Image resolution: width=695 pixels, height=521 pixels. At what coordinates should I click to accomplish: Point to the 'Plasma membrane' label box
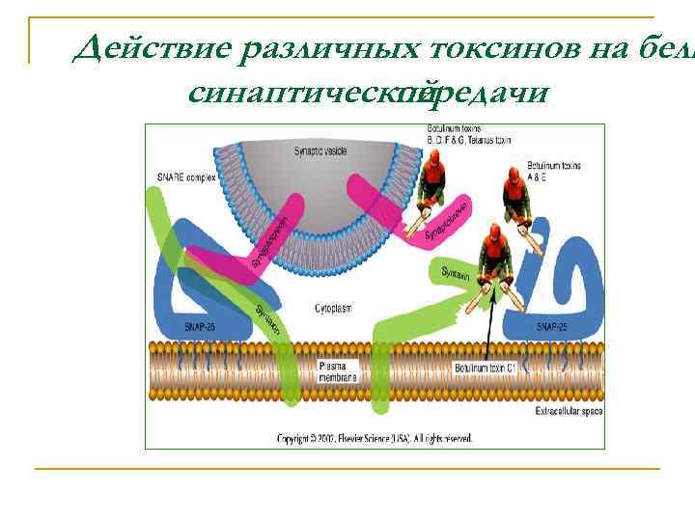coord(337,370)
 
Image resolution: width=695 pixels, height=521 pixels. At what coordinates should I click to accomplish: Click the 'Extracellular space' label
coord(568,413)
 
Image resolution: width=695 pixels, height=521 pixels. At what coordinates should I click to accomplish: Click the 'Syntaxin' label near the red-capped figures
coord(456,273)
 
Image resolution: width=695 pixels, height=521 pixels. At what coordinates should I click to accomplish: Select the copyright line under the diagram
coord(375,439)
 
